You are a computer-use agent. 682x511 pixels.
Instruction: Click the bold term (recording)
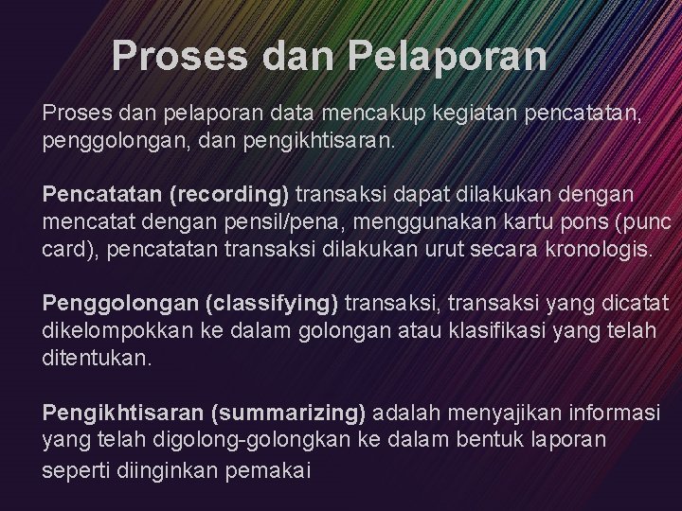(x=229, y=195)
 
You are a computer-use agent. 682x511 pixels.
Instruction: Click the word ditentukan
(x=97, y=360)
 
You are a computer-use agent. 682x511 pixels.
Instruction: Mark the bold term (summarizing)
(x=289, y=413)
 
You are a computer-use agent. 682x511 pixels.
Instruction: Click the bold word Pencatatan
(x=102, y=195)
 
